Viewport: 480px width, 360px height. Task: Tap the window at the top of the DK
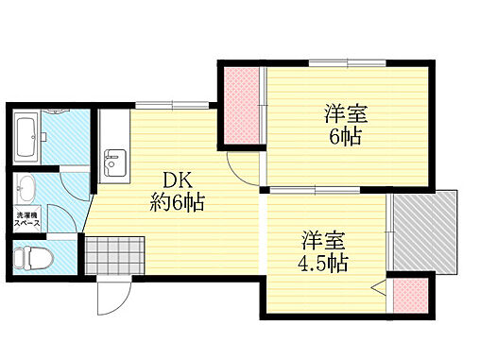click(x=155, y=104)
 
